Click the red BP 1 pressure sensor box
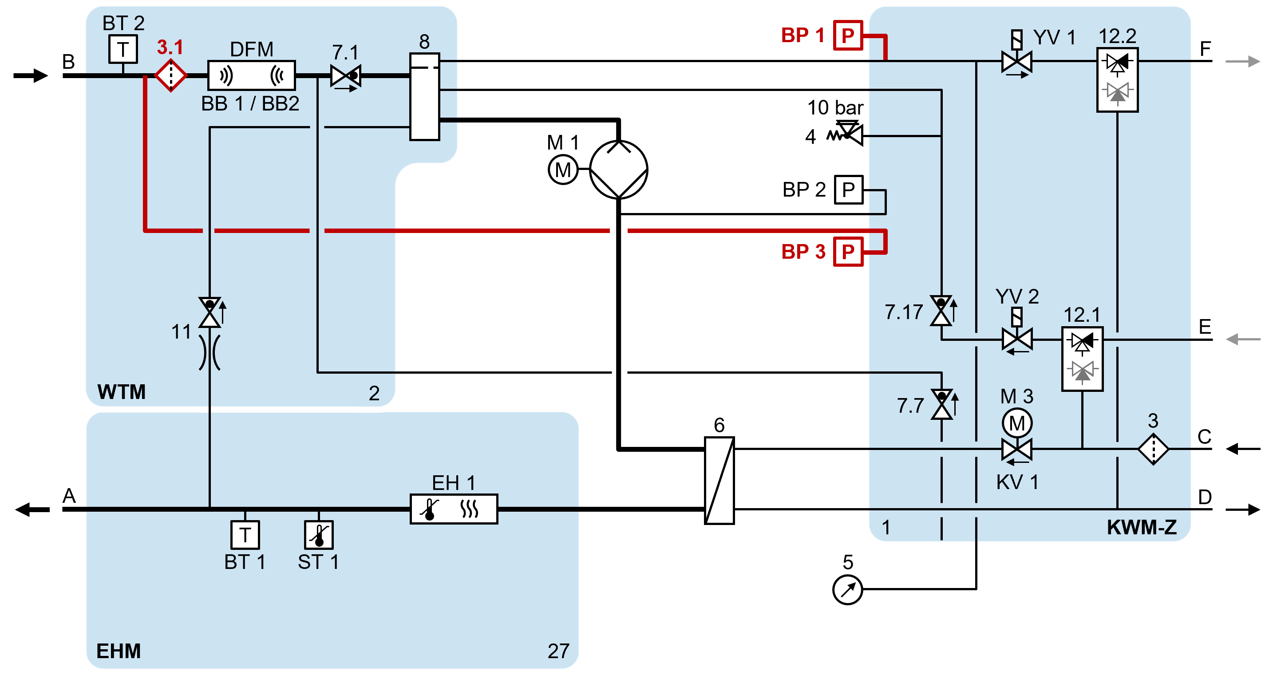[848, 35]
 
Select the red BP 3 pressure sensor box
[848, 252]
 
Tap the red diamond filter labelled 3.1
[170, 75]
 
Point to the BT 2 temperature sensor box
[123, 49]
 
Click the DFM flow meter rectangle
[251, 75]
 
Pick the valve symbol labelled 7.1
[346, 76]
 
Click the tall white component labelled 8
[424, 97]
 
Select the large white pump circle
[619, 170]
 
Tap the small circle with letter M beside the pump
[563, 170]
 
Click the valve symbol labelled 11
[210, 312]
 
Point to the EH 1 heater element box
[454, 509]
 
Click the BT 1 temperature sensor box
[245, 535]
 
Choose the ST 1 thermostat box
[319, 535]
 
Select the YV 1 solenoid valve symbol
[1016, 62]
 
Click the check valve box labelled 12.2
[1117, 79]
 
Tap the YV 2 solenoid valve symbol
[1017, 339]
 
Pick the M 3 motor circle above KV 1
[1017, 423]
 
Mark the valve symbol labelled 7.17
[941, 311]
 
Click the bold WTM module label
[122, 392]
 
